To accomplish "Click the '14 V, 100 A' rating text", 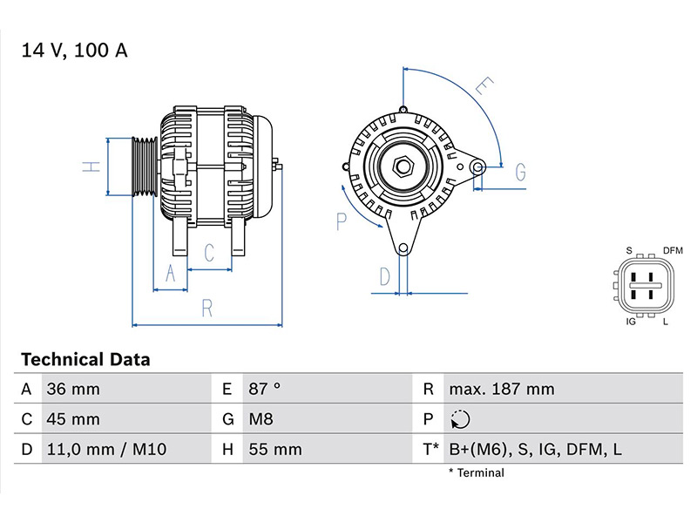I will pos(75,51).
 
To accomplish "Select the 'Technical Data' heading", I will pos(85,359).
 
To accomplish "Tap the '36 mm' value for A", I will pos(72,390).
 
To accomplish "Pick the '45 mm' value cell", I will pos(72,419).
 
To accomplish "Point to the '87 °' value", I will pos(264,390).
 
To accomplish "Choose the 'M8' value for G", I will pos(261,419).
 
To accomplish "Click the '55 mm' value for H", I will pos(274,450).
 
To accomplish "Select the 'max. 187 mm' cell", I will pos(501,390).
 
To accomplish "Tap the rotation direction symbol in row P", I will pos(461,420).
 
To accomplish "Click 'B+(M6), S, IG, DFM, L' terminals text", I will pos(534,450).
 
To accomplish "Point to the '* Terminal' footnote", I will pos(477,473).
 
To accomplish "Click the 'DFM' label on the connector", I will pos(673,251).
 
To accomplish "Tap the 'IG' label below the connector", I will pos(631,323).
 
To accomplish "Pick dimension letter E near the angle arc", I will pos(484,86).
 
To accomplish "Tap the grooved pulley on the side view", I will pos(142,167).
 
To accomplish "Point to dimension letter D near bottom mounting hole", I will pos(384,277).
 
